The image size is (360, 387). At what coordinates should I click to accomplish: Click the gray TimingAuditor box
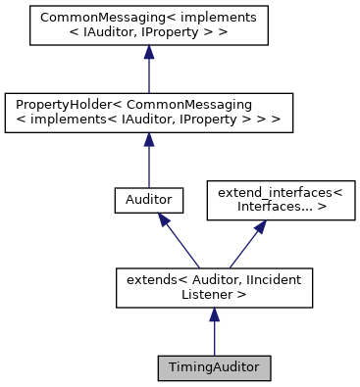pos(214,368)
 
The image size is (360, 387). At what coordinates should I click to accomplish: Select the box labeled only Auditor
pos(147,199)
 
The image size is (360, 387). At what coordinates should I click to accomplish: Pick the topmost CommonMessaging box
pos(147,28)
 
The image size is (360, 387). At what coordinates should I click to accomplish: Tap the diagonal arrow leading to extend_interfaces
pos(244,245)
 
